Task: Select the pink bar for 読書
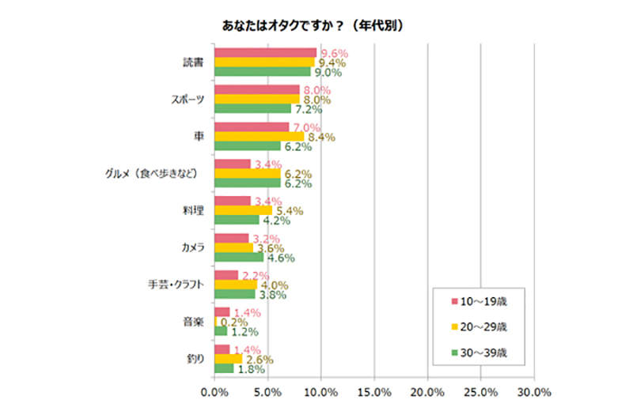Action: point(265,52)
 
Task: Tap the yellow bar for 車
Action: point(259,136)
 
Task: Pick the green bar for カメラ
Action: point(239,256)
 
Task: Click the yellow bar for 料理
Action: point(243,210)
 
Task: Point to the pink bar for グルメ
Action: point(233,164)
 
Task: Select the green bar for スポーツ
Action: point(253,108)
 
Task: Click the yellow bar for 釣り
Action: point(228,358)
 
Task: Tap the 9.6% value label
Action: point(333,53)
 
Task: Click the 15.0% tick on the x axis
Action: point(374,391)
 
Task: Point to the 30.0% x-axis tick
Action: point(535,391)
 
